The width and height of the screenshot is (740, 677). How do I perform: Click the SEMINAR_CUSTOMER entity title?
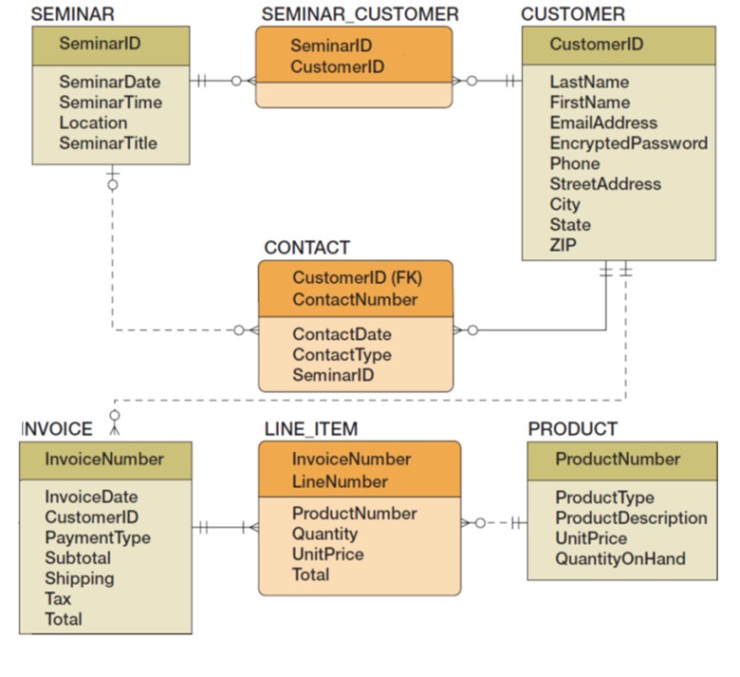[360, 14]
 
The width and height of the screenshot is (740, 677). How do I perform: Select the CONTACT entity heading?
[306, 248]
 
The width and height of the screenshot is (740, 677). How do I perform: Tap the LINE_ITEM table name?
[310, 429]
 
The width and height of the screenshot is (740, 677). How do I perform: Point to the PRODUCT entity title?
[572, 429]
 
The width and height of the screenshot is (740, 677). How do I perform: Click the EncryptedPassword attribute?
[628, 143]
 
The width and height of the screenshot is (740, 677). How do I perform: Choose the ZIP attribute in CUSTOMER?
[563, 245]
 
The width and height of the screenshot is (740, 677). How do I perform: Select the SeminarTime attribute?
[110, 103]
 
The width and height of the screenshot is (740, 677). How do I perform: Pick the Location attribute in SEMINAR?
[93, 122]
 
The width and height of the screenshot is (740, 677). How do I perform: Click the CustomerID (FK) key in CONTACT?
[357, 278]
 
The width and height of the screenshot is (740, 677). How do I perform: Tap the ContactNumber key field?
[355, 299]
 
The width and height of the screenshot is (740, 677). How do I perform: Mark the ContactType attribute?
[342, 355]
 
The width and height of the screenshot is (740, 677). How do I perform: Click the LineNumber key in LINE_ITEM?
[340, 481]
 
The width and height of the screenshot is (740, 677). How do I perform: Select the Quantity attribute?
[324, 534]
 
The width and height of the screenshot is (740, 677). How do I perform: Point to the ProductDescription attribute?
[631, 517]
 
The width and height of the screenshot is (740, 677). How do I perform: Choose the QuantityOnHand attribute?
[620, 558]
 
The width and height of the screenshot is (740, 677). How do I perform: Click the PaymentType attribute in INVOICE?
[97, 537]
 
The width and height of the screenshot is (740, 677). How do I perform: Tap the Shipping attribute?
[79, 578]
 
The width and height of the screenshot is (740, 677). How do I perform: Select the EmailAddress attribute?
[602, 122]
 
